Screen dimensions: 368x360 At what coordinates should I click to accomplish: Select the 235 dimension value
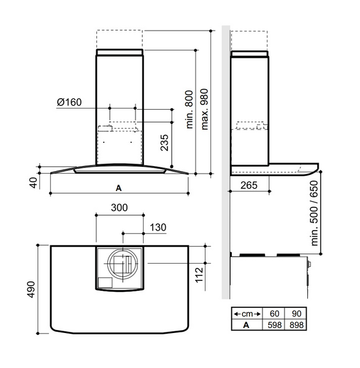point(164,143)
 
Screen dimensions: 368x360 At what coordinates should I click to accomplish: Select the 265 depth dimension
point(249,185)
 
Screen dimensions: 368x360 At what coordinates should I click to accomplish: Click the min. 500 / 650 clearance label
point(316,213)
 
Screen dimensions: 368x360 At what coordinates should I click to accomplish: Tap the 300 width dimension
point(120,208)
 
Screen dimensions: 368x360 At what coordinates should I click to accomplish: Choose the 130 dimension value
point(158,228)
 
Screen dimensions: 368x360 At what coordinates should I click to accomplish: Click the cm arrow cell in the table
point(247,312)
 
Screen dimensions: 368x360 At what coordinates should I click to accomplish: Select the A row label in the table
point(247,323)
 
